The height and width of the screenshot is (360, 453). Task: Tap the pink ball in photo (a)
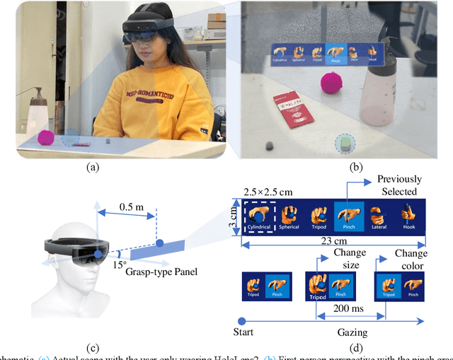(x=46, y=136)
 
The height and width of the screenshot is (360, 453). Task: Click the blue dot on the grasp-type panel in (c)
(x=160, y=245)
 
